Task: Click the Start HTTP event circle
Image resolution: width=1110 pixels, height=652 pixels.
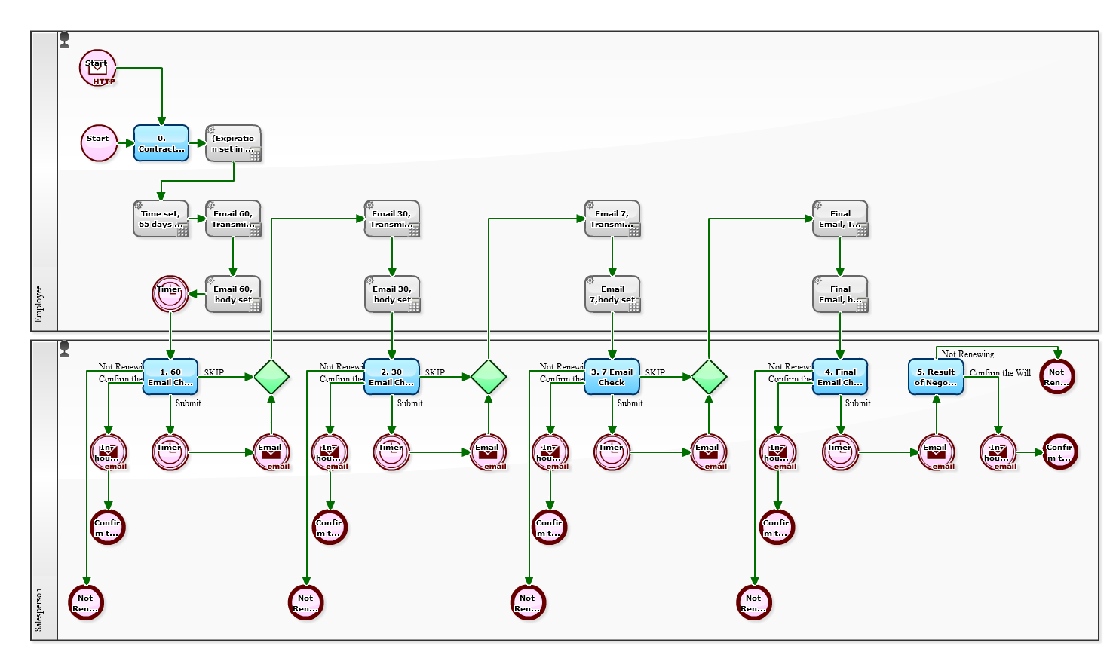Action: [x=97, y=68]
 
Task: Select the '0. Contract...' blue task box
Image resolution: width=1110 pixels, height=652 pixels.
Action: [x=161, y=143]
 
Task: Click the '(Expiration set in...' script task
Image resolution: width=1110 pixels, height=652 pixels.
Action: [x=234, y=143]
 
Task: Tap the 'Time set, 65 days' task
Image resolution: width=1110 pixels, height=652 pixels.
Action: [x=161, y=219]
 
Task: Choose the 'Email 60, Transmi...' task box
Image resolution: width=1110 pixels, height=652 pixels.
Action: [x=234, y=219]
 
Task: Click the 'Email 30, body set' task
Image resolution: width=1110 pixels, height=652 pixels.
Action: [x=392, y=294]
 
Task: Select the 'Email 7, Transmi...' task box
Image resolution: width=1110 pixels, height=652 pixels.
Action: [x=612, y=219]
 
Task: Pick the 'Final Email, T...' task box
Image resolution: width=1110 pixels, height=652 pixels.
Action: [x=840, y=219]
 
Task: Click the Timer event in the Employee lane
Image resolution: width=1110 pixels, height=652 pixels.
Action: [x=170, y=294]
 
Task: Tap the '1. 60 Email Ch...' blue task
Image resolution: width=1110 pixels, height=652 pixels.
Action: [x=170, y=377]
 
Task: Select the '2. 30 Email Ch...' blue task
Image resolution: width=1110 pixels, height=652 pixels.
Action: [x=391, y=377]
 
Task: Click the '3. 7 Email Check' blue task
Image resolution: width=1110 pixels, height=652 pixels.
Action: [x=612, y=377]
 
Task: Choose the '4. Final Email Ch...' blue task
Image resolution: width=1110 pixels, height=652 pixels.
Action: [x=840, y=377]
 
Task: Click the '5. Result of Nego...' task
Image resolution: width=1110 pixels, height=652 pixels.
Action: [x=936, y=377]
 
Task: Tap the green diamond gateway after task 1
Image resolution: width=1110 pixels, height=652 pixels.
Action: [x=271, y=376]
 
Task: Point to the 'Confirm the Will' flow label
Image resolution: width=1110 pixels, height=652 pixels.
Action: [x=1000, y=373]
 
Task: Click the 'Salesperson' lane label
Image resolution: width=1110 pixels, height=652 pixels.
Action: [x=39, y=610]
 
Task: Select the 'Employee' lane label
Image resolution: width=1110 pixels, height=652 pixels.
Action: [x=39, y=304]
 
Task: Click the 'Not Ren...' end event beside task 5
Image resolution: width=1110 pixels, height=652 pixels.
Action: [x=1056, y=376]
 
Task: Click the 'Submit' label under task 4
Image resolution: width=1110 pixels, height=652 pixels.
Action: [x=857, y=403]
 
